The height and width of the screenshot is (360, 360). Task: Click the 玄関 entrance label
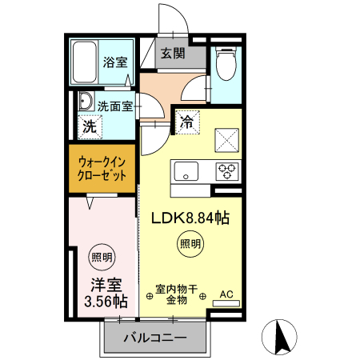(x=173, y=53)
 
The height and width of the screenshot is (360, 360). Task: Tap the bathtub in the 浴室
(x=85, y=62)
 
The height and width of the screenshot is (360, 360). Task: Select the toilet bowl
(x=226, y=63)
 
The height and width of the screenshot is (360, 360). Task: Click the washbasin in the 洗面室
(x=86, y=102)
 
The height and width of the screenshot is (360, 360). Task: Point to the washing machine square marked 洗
(x=90, y=126)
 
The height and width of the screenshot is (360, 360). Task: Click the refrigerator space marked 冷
(x=187, y=122)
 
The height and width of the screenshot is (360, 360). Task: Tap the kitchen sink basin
(x=186, y=171)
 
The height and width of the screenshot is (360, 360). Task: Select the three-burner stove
(x=227, y=171)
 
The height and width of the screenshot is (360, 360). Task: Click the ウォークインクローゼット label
(x=102, y=169)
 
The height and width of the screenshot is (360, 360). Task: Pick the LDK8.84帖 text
(x=190, y=218)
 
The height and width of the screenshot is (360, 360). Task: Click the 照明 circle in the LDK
(x=190, y=244)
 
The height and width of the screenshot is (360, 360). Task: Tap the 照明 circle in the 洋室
(x=102, y=257)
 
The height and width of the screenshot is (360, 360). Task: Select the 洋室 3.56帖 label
(x=106, y=293)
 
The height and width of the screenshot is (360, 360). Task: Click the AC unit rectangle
(x=226, y=303)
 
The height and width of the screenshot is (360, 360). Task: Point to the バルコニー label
(x=155, y=338)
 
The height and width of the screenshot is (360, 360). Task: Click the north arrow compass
(x=279, y=337)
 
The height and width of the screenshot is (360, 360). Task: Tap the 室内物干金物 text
(x=177, y=294)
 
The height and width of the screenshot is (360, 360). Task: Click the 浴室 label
(x=115, y=62)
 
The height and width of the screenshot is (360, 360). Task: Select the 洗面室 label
(x=115, y=106)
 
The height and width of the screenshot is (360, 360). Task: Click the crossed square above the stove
(x=227, y=141)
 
